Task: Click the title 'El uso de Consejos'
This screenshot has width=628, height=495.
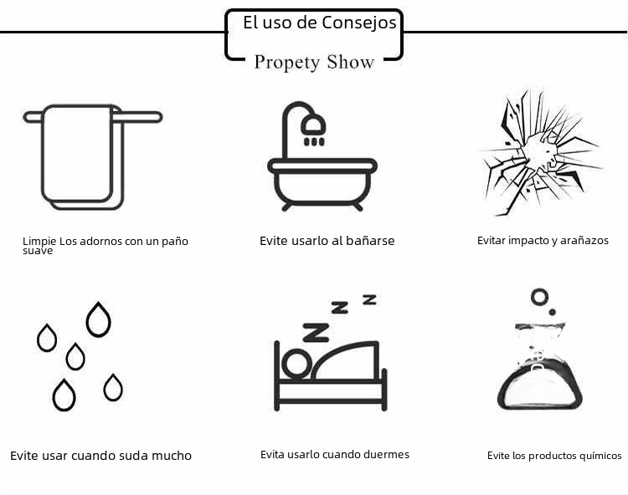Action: pos(319,23)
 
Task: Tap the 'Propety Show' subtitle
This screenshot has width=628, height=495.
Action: pos(314,63)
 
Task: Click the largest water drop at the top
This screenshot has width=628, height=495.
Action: pos(99,319)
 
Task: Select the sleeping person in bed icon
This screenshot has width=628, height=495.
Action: pos(330,368)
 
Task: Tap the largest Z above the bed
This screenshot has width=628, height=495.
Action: pos(316,333)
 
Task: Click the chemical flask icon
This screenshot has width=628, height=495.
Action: pos(539,368)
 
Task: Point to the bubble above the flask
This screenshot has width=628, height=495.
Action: pos(539,296)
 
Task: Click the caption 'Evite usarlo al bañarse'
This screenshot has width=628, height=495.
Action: pos(327,241)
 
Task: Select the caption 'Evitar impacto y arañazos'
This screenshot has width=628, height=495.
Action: pos(543,241)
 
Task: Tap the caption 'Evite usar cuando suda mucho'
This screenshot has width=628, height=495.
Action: pos(100,456)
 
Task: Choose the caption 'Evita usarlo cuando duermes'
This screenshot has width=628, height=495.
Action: pos(335,455)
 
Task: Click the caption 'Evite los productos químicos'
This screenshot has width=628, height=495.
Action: pos(554,456)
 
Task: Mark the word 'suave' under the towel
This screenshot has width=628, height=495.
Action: pos(38,250)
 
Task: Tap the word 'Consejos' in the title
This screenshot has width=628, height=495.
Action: pos(359,23)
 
